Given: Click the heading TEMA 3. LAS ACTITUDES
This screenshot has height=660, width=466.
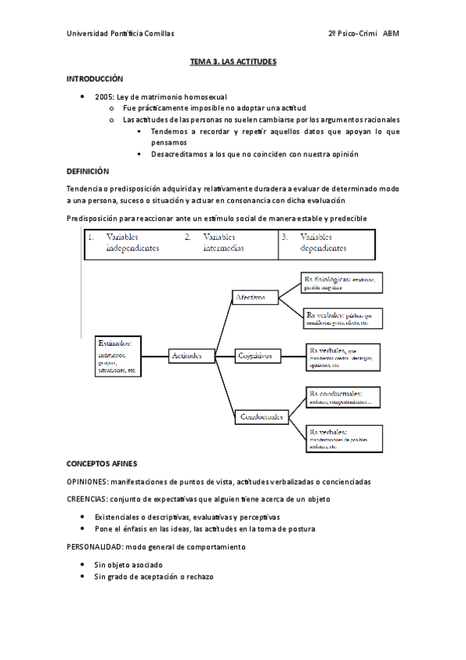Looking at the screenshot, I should click(233, 61).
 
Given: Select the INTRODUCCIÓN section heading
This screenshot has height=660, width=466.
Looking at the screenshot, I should click(94, 79).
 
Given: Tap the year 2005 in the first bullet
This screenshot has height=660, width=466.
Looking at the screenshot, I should click(103, 96).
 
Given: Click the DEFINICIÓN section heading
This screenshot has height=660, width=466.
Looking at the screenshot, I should click(88, 170).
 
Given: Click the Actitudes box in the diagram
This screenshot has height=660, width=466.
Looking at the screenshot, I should click(190, 356).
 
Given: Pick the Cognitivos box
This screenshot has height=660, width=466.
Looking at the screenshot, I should click(258, 356).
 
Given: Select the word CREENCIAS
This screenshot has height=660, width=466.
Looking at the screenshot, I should click(87, 499).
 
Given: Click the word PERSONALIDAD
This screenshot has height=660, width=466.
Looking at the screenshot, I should click(94, 547).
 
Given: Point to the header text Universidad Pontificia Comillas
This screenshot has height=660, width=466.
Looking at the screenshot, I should click(121, 33).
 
